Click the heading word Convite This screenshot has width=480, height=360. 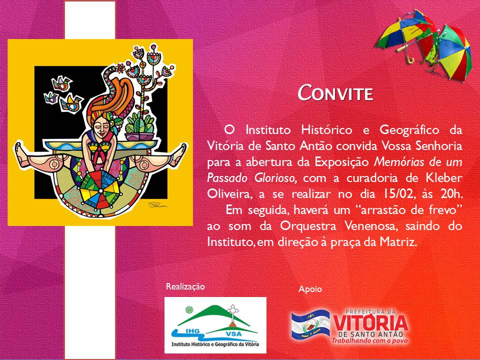coord(335,92)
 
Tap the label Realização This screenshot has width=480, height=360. coord(185,287)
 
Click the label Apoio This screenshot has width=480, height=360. coord(310,289)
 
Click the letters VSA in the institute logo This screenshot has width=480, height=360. coord(233,334)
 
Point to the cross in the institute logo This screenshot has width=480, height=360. coord(233,311)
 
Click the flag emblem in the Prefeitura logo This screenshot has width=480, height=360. coord(310,325)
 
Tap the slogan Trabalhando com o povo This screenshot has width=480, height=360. coord(370,340)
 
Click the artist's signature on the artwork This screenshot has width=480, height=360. coord(157,205)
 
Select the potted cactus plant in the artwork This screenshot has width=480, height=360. coord(139,126)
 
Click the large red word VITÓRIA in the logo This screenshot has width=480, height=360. coord(370,323)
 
